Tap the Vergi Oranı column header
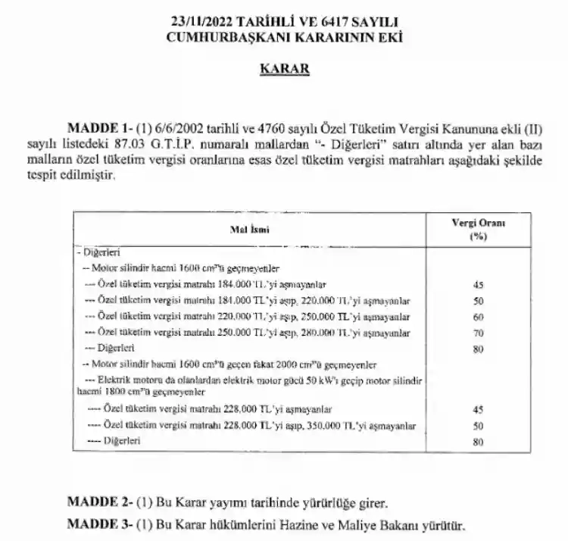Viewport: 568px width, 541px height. (x=477, y=223)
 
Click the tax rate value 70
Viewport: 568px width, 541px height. (x=477, y=332)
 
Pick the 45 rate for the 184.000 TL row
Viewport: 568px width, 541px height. (x=477, y=285)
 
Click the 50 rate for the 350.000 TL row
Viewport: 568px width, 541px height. (x=477, y=426)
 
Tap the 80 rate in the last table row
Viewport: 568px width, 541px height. (x=477, y=441)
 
